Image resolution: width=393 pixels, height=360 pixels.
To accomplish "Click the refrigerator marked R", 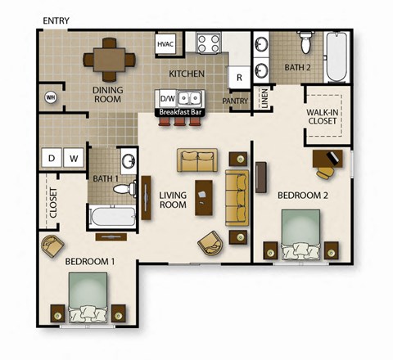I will [239, 78].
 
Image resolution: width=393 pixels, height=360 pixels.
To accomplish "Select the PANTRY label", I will [235, 101].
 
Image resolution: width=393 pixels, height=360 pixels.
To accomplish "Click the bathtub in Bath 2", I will [337, 57].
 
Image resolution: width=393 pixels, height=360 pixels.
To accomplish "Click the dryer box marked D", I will [52, 157].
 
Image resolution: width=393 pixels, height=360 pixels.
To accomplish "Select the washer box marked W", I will [73, 157].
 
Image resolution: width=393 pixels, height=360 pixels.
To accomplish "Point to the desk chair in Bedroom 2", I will [325, 169].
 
